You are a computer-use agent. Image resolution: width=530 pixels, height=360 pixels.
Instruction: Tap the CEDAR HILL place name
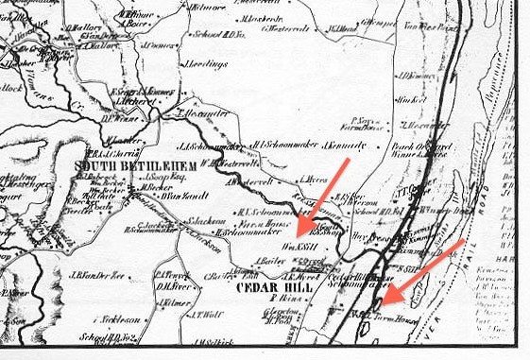coord(272,286)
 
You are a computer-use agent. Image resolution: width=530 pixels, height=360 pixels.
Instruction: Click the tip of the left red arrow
coord(295,233)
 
